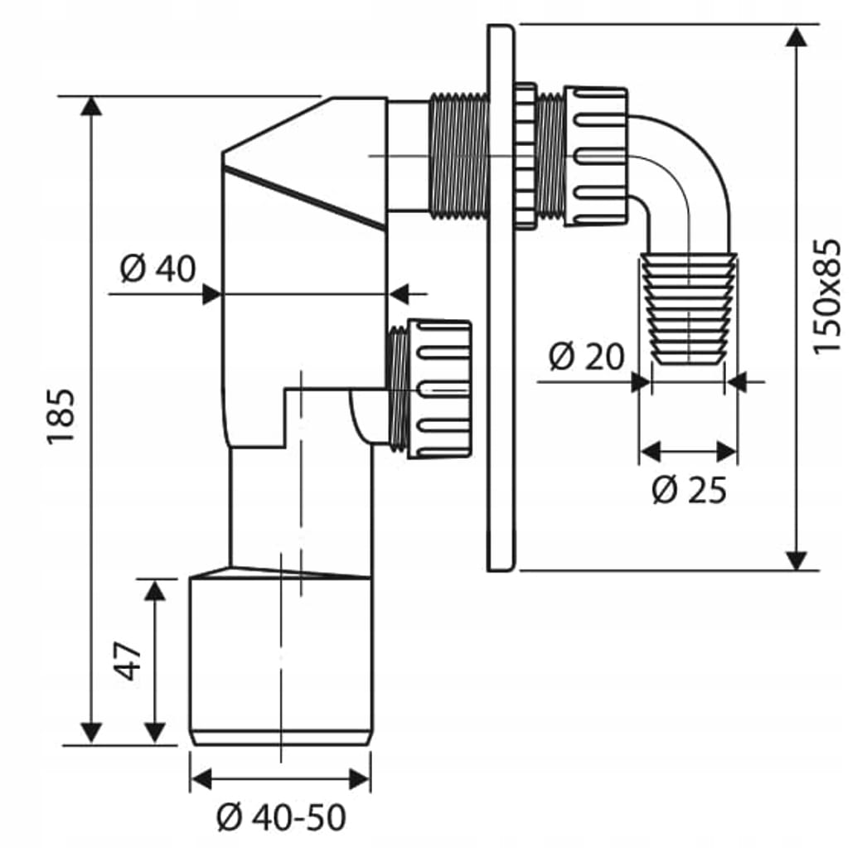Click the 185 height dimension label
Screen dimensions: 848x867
point(63,415)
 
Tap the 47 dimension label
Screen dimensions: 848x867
point(129,660)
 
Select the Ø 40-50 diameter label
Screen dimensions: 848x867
point(280,819)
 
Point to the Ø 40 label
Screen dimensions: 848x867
point(157,269)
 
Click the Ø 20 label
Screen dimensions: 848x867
point(587,357)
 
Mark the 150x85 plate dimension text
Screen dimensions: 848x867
point(826,296)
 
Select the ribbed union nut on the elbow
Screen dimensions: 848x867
point(596,156)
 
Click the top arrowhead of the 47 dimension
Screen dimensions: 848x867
point(154,590)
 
